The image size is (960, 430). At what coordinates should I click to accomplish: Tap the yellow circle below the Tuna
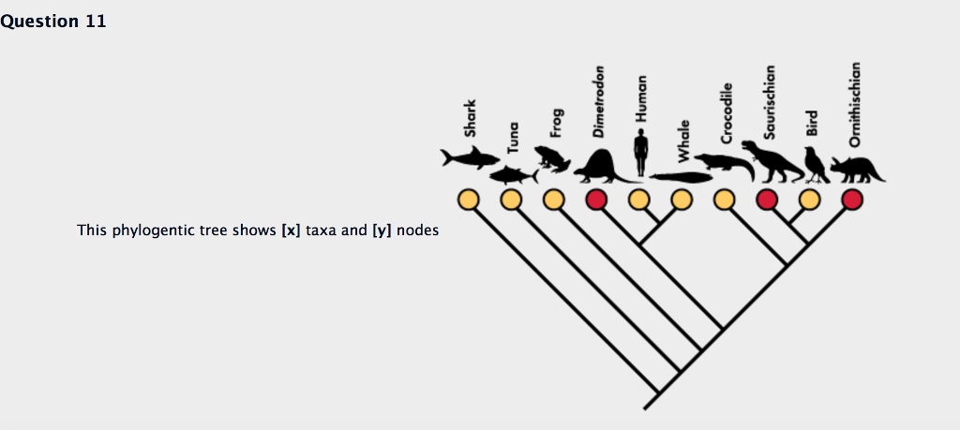511,200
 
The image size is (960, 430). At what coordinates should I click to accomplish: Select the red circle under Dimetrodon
596,200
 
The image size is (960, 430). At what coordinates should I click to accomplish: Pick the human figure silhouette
640,153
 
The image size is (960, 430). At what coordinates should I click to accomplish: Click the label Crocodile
727,113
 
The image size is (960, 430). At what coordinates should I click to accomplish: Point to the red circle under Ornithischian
852,200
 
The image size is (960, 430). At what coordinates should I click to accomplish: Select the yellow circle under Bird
809,200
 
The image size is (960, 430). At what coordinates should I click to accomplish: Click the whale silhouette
681,177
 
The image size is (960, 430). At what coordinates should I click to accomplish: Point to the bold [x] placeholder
291,230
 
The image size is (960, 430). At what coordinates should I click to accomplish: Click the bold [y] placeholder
382,230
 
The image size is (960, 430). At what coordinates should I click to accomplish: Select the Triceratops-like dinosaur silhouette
857,171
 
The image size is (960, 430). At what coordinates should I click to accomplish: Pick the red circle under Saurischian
767,200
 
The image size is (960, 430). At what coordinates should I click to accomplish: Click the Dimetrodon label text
598,101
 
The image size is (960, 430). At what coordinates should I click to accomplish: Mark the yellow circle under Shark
469,200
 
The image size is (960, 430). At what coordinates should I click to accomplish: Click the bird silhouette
816,165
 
